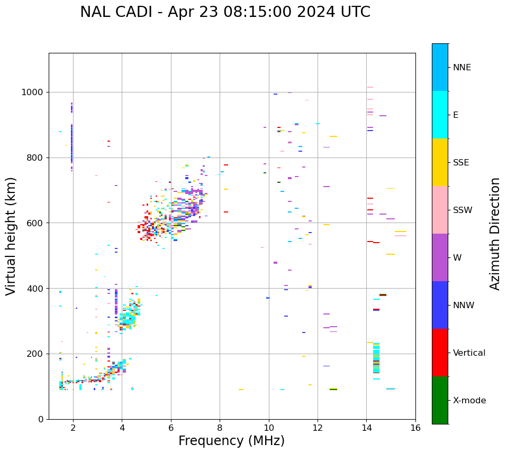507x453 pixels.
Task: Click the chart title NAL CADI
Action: pyautogui.click(x=225, y=12)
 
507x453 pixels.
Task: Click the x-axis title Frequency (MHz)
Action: pyautogui.click(x=231, y=441)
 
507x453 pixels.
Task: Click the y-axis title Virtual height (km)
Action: pyautogui.click(x=11, y=236)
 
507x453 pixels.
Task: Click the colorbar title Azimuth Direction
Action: pyautogui.click(x=495, y=233)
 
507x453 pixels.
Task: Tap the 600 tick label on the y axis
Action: pyautogui.click(x=37, y=223)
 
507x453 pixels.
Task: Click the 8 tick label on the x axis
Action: pyautogui.click(x=220, y=428)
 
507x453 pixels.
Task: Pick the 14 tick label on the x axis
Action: pyautogui.click(x=366, y=428)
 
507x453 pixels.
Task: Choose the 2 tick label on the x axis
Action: pyautogui.click(x=73, y=428)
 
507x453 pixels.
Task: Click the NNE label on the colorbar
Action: pyautogui.click(x=461, y=68)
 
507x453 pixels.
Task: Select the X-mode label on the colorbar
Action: pyautogui.click(x=469, y=401)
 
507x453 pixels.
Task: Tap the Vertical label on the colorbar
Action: pyautogui.click(x=469, y=353)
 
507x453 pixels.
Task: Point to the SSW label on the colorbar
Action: pyautogui.click(x=463, y=210)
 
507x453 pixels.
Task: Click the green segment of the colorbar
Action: pyautogui.click(x=440, y=400)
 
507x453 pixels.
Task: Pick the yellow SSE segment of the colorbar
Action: pyautogui.click(x=440, y=162)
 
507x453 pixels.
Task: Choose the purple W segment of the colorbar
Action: pyautogui.click(x=440, y=257)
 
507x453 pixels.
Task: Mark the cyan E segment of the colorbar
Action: pyautogui.click(x=440, y=115)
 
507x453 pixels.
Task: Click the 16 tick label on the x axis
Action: pyautogui.click(x=415, y=428)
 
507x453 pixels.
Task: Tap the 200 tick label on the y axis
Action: pyautogui.click(x=37, y=354)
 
